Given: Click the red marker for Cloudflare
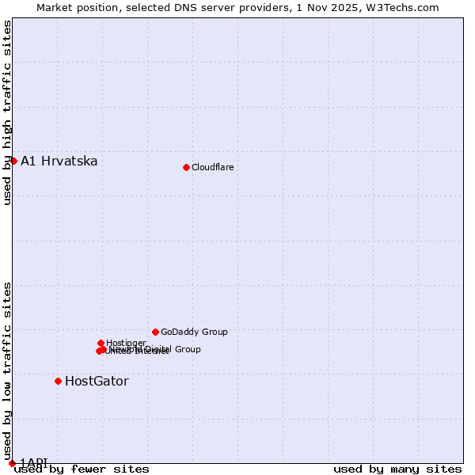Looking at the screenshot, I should tap(186, 167).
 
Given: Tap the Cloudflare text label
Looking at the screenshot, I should tap(212, 167).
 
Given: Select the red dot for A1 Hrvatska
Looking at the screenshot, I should tap(13, 161).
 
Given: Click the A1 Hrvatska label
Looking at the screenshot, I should tap(59, 161).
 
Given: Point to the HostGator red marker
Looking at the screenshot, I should tap(58, 381).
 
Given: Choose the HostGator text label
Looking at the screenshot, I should tap(97, 382).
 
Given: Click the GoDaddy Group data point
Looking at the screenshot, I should tap(155, 332).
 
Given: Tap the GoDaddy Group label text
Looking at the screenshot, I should tap(194, 332).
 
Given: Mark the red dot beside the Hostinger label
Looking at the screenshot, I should tap(101, 343).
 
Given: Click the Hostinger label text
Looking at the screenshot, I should tap(126, 343).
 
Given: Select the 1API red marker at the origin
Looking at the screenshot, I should tap(12, 463).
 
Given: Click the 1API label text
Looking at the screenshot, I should tap(34, 462).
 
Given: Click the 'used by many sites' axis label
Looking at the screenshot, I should tap(397, 469).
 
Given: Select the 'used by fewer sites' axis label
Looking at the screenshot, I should tap(82, 469).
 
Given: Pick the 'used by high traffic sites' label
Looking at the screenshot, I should tap(8, 112).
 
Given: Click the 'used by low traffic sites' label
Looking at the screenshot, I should tap(8, 370).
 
